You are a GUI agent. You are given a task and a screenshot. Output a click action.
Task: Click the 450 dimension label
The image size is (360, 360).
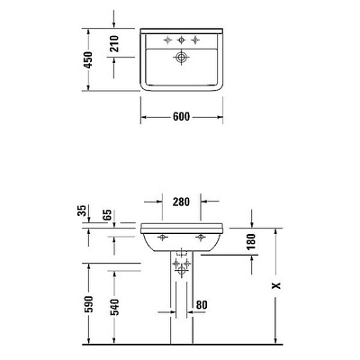click(88, 59)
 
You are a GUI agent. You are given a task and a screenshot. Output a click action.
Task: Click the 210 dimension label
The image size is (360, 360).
click(114, 43)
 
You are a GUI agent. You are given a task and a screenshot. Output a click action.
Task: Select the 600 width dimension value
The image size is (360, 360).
click(182, 117)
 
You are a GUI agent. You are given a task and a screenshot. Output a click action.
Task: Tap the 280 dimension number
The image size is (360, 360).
click(181, 202)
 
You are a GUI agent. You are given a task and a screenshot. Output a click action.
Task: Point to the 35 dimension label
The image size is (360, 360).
click(82, 211)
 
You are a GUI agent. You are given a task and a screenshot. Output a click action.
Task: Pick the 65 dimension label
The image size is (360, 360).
click(108, 215)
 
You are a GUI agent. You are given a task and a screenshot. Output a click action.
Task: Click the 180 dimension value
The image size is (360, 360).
click(251, 241)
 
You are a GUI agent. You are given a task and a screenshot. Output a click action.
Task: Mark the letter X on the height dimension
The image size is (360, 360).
click(276, 285)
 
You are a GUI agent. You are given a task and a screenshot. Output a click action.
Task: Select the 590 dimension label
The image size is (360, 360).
click(89, 304)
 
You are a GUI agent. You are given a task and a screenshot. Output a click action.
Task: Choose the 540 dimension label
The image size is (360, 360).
click(114, 307)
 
